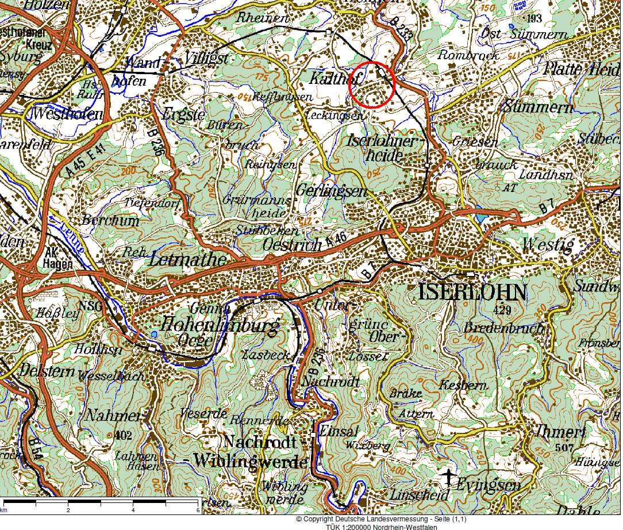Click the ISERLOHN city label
pyautogui.click(x=472, y=293)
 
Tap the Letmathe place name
pyautogui.click(x=187, y=259)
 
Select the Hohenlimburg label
pyautogui.click(x=220, y=325)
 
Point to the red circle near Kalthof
pyautogui.click(x=372, y=85)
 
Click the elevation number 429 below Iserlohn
pyautogui.click(x=502, y=310)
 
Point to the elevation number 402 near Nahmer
pyautogui.click(x=123, y=435)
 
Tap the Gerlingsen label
pyautogui.click(x=331, y=191)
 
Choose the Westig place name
pyautogui.click(x=547, y=245)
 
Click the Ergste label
pyautogui.click(x=183, y=114)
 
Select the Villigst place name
pyautogui.click(x=207, y=59)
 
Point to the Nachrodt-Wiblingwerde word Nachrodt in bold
pyautogui.click(x=260, y=442)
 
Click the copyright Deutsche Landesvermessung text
pyautogui.click(x=380, y=519)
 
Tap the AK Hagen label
pyautogui.click(x=57, y=259)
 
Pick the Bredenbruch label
pyautogui.click(x=503, y=329)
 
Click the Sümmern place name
pyautogui.click(x=538, y=107)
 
